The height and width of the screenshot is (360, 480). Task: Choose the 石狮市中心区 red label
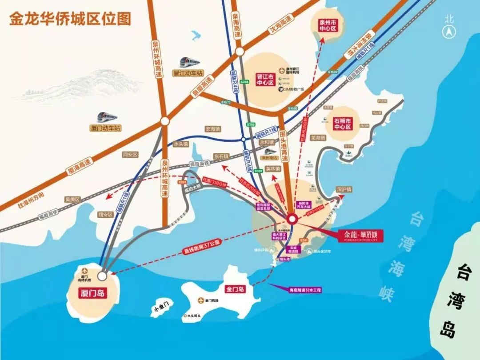[342, 124]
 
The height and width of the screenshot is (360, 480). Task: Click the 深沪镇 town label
[344, 189]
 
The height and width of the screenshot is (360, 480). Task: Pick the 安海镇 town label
[212, 129]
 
